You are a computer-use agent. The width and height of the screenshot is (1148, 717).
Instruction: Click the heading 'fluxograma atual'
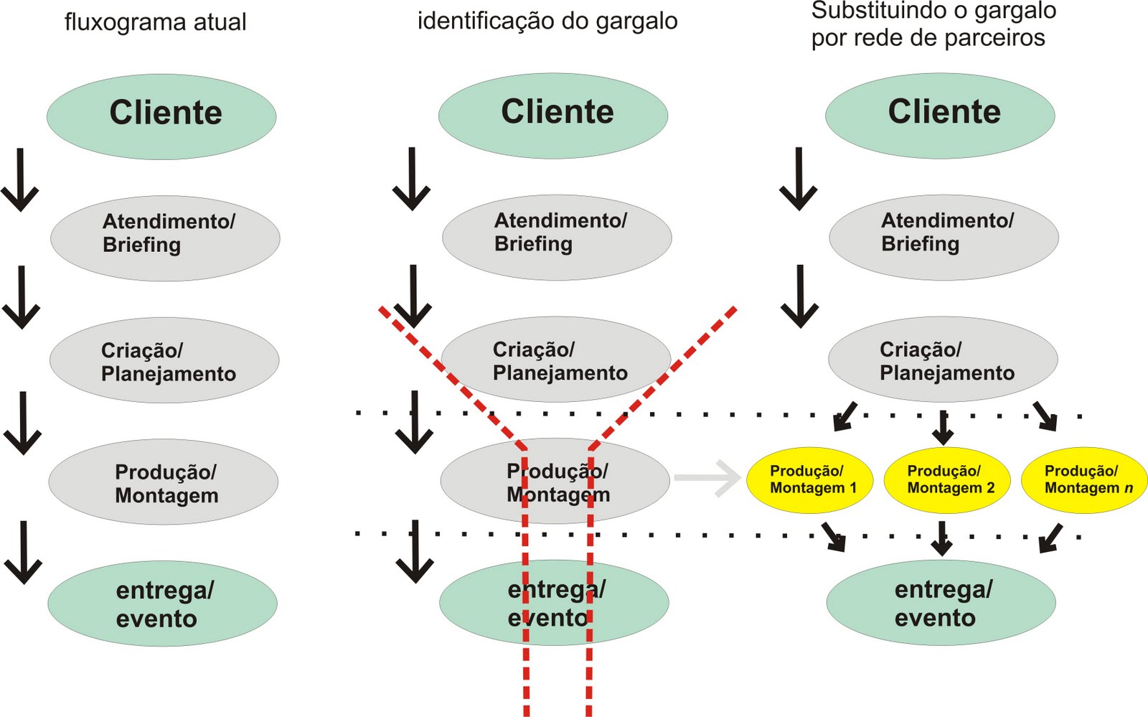155,22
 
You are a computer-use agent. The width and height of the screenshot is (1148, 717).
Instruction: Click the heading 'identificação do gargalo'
547,21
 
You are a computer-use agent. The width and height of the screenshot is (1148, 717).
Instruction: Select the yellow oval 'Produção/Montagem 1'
810,480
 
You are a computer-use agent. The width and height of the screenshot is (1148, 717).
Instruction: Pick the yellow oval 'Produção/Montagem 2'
947,480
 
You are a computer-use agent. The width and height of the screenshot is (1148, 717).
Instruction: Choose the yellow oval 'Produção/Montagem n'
1084,480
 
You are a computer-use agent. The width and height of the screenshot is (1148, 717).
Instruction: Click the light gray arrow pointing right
707,477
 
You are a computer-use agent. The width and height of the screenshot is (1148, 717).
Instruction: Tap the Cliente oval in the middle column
553,115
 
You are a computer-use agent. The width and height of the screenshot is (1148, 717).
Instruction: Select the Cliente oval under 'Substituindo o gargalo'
940,115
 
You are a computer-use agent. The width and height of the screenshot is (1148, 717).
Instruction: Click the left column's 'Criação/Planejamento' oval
164,360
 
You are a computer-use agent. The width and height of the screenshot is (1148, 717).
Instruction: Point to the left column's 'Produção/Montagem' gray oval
164,482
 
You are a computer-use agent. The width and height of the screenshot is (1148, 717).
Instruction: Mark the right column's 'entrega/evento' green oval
941,603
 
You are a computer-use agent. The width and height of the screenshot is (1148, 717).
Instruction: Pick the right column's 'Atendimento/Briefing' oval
944,237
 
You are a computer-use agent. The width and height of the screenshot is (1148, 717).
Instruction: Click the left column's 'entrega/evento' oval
163,604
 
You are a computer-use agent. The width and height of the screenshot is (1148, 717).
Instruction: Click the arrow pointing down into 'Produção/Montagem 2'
943,428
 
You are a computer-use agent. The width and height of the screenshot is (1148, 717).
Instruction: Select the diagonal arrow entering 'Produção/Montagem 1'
846,416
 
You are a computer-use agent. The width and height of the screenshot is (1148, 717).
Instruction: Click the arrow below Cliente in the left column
20,179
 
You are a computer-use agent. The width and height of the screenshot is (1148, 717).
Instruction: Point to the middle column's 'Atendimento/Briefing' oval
557,237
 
